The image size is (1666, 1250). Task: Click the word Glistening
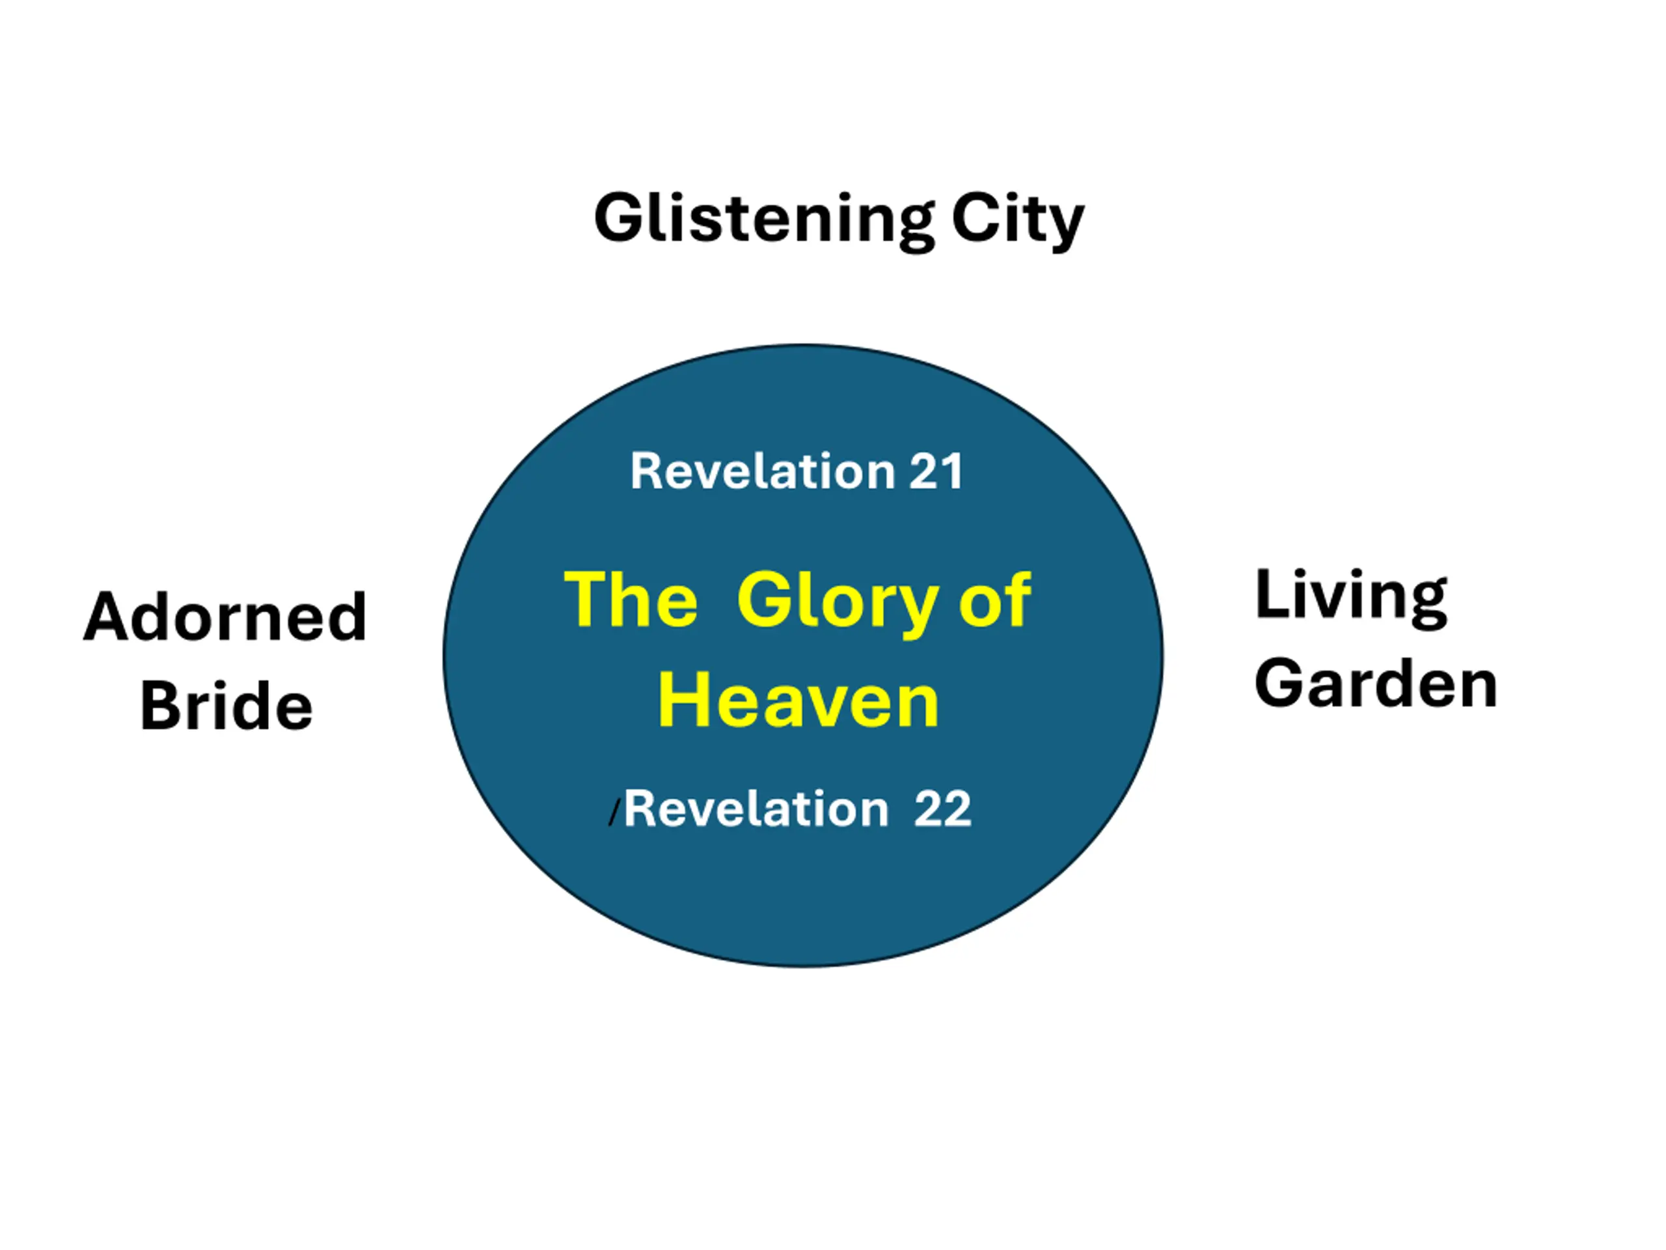pyautogui.click(x=765, y=220)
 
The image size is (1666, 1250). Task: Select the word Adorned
pyautogui.click(x=225, y=617)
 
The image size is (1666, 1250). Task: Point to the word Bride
pyautogui.click(x=226, y=705)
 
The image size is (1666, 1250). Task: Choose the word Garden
pyautogui.click(x=1376, y=684)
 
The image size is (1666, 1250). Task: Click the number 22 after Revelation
pyautogui.click(x=942, y=809)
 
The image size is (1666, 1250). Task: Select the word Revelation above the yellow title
pyautogui.click(x=762, y=471)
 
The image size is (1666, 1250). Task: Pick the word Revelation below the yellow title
pyautogui.click(x=756, y=809)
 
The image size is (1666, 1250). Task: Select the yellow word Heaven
pyautogui.click(x=799, y=701)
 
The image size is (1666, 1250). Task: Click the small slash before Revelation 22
pyautogui.click(x=614, y=814)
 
